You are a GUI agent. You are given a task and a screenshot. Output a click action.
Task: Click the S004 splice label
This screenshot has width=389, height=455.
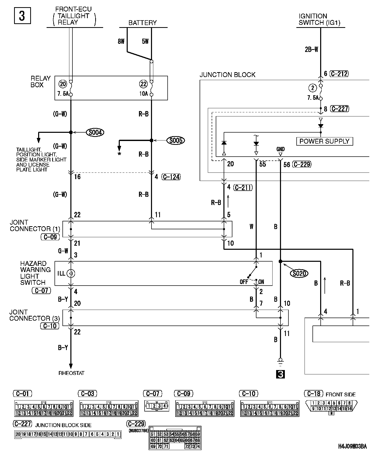point(95,132)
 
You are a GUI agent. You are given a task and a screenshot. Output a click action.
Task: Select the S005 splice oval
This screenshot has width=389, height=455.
point(176,140)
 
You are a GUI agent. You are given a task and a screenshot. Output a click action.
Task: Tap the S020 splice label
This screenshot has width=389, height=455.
point(299,274)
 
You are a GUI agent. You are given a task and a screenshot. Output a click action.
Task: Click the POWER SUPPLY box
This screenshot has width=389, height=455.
point(324,141)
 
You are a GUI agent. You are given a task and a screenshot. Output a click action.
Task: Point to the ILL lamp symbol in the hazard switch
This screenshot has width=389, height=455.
point(71,274)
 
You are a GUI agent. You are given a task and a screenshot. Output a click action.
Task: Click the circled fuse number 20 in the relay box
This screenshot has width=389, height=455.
point(63,84)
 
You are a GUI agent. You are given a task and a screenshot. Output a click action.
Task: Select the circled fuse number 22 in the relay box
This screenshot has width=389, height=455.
point(143,84)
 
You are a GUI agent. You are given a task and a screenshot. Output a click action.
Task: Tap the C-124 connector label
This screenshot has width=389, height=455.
point(171,177)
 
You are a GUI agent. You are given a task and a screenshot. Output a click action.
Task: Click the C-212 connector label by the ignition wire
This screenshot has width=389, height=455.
point(339,74)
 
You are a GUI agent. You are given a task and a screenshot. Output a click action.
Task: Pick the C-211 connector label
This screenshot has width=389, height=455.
point(243,188)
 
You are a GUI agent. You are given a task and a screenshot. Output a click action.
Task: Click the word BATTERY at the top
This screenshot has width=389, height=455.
point(143,23)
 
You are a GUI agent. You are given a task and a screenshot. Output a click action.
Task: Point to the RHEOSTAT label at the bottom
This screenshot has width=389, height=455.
point(71,373)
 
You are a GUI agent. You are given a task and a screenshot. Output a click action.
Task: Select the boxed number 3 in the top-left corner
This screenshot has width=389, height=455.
point(22,16)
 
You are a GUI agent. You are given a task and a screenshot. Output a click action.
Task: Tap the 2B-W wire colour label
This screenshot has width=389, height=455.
point(311,50)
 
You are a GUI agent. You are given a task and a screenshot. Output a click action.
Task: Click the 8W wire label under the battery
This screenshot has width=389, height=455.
point(121,41)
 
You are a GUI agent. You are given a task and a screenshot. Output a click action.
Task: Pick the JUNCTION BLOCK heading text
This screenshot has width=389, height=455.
point(227,75)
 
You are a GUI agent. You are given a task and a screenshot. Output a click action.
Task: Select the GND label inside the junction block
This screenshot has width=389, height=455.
point(280,149)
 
